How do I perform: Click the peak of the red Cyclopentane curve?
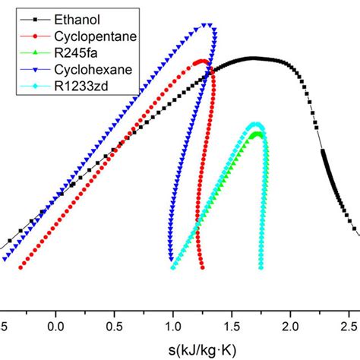[x=201, y=62]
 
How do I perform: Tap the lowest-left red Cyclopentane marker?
[x=21, y=267]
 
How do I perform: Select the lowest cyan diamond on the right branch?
[x=261, y=267]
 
